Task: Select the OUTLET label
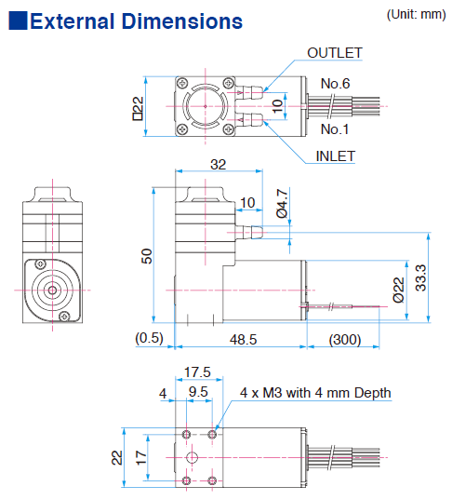[335, 53]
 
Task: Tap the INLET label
[335, 155]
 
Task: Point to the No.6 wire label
[335, 84]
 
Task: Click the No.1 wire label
[335, 128]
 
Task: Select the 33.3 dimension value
[420, 277]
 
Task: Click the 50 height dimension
[146, 256]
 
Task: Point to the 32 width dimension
[219, 165]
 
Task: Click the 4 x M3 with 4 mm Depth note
[315, 392]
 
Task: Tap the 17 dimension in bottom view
[140, 457]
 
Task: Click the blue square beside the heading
[18, 21]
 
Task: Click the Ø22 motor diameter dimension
[398, 291]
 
